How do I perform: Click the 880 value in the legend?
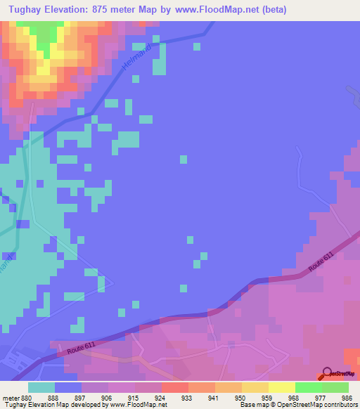click(x=26, y=397)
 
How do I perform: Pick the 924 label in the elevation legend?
click(x=160, y=397)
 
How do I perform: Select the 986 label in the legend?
click(x=346, y=397)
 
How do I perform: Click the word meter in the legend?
click(x=10, y=397)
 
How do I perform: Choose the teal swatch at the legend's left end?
click(x=41, y=387)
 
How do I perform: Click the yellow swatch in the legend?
click(x=281, y=387)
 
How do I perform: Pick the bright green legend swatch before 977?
click(x=308, y=387)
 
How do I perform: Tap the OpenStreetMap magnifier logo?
click(x=327, y=375)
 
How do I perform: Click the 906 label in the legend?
click(x=106, y=397)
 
